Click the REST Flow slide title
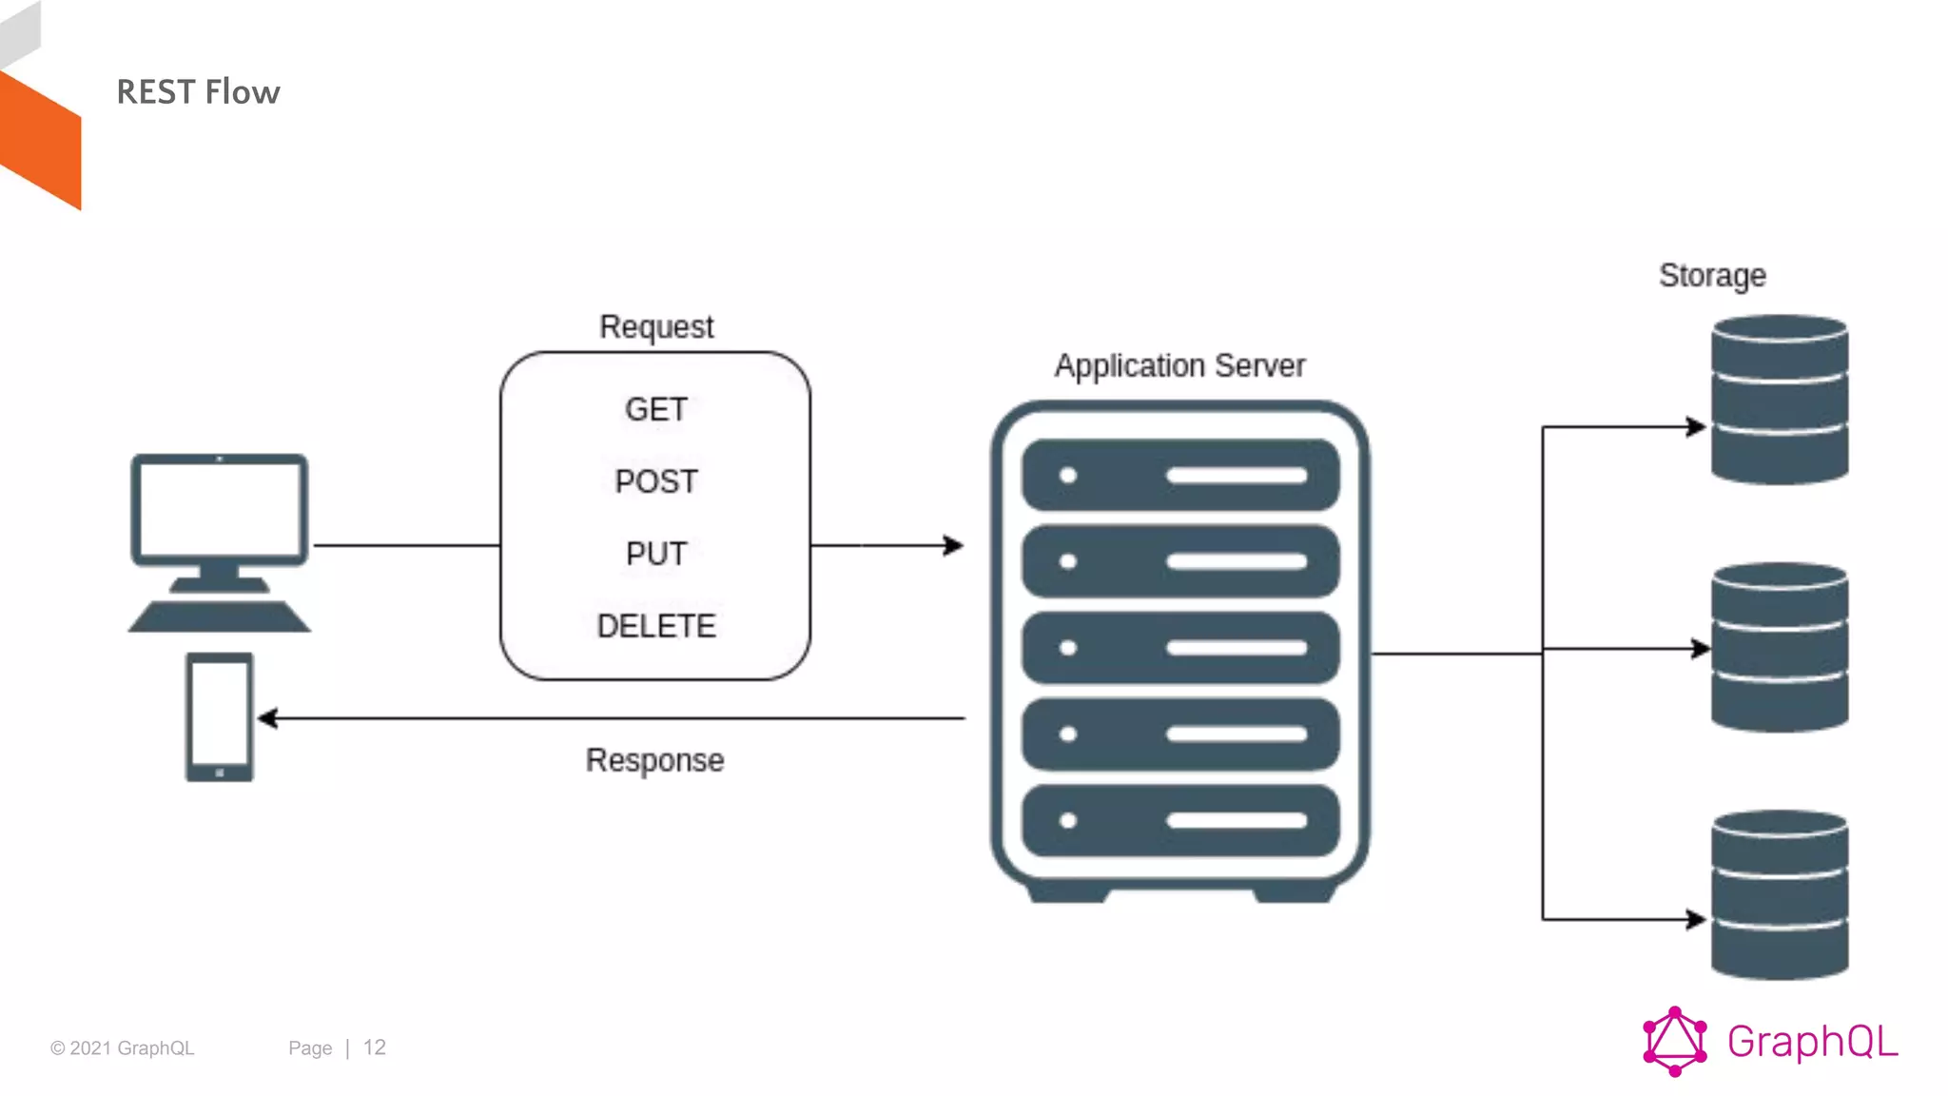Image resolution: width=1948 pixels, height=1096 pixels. click(x=198, y=92)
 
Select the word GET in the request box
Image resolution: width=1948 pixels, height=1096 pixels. click(x=656, y=410)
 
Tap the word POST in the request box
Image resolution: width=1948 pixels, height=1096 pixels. click(x=656, y=481)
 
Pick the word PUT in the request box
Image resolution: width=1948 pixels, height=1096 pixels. click(x=656, y=554)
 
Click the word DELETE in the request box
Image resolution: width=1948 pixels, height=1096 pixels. click(x=656, y=626)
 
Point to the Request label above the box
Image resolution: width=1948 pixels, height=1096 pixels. click(x=656, y=327)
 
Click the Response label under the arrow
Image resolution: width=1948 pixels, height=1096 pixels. click(x=654, y=760)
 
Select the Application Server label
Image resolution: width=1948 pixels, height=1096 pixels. click(x=1179, y=366)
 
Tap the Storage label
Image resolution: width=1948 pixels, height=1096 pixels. click(x=1712, y=276)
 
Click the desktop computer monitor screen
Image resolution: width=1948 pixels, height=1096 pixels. click(x=220, y=510)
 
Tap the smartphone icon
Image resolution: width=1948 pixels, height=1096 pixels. click(x=220, y=716)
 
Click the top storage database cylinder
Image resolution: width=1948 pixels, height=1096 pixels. click(x=1780, y=400)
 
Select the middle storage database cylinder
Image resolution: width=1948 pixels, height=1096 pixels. click(x=1780, y=648)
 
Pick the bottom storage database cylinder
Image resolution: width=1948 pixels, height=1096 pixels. click(x=1780, y=895)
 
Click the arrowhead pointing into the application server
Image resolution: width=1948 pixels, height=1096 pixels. click(x=954, y=545)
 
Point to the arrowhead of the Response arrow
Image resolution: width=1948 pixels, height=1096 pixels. click(x=268, y=718)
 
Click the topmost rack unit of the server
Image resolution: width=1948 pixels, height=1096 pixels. click(x=1180, y=476)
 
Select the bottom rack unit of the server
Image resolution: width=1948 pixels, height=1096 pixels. click(x=1180, y=821)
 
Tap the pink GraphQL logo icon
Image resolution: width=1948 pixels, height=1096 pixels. click(x=1674, y=1042)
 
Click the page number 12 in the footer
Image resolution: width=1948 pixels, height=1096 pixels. click(x=375, y=1047)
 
